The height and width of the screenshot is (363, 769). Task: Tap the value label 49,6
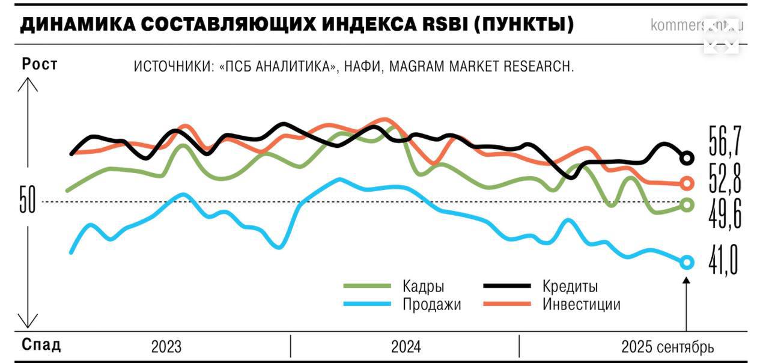(725, 213)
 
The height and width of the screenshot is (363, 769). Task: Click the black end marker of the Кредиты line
(687, 159)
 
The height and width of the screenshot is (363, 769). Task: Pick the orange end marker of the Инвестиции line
(687, 183)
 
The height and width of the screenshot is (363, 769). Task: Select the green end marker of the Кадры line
(687, 205)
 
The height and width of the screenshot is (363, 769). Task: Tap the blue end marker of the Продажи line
(687, 262)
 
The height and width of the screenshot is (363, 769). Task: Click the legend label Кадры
(424, 286)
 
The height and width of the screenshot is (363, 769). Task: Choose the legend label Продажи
(431, 304)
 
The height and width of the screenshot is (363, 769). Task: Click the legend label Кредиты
(570, 286)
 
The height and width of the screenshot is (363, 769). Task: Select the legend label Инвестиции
(581, 304)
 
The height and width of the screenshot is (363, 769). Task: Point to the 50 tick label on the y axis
(28, 202)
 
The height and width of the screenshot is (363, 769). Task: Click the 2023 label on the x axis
(166, 347)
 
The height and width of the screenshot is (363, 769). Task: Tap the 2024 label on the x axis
(406, 347)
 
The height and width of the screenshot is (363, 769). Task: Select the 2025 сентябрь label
(667, 347)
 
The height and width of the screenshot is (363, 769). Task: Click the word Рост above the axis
(40, 64)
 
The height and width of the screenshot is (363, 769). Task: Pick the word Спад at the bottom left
(41, 345)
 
